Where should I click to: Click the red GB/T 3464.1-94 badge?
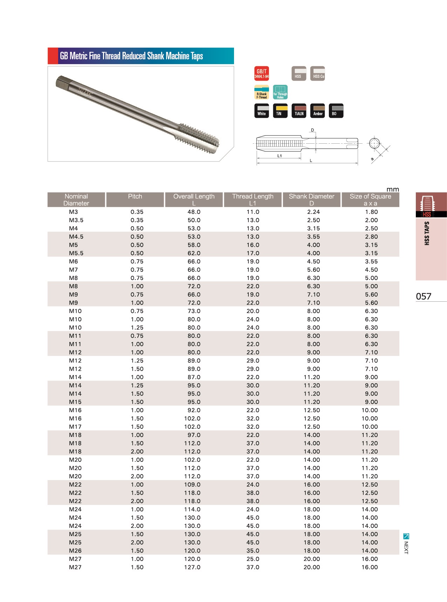[262, 73]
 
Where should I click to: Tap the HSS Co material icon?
[318, 73]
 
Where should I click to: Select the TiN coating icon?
[280, 111]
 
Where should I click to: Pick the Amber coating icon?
[317, 111]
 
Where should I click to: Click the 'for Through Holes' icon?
[280, 92]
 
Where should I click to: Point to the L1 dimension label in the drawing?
[280, 156]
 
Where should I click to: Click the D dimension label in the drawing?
[313, 130]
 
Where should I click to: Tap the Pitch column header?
[135, 197]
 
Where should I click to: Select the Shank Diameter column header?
[312, 197]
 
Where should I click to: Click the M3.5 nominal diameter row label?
[76, 220]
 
